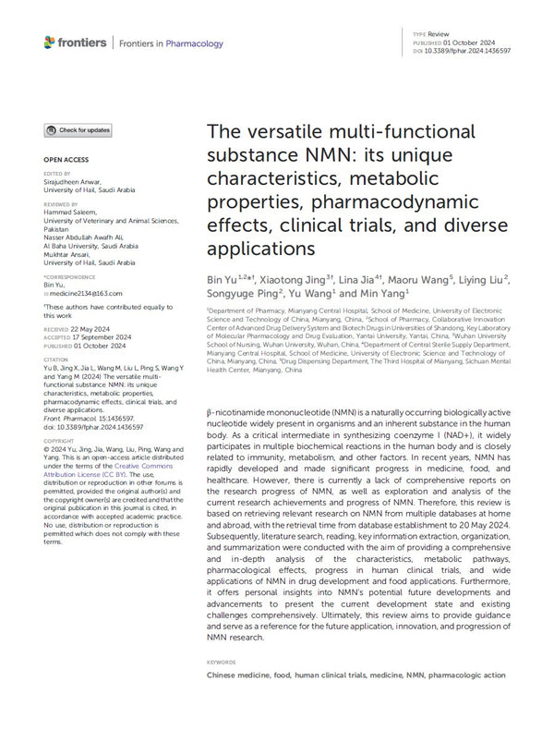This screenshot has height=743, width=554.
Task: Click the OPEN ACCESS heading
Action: pyautogui.click(x=64, y=160)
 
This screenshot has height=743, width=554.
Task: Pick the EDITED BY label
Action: pyautogui.click(x=56, y=172)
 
